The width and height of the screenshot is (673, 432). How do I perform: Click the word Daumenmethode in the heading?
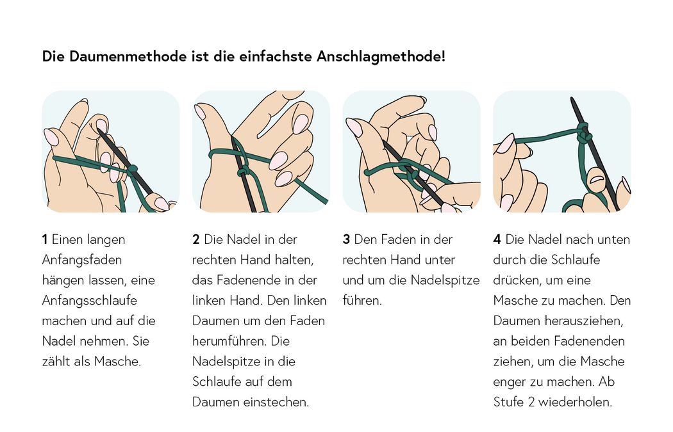click(x=120, y=56)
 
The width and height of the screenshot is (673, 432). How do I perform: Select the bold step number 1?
click(x=45, y=239)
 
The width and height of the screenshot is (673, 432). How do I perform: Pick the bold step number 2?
click(x=196, y=239)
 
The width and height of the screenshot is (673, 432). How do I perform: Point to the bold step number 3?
click(x=346, y=239)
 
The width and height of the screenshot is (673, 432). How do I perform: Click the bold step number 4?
click(x=497, y=239)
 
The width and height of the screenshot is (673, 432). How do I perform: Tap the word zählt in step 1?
click(x=58, y=361)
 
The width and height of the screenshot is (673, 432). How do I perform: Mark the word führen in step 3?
click(x=362, y=300)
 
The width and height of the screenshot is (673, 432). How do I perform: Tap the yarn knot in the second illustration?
click(x=244, y=172)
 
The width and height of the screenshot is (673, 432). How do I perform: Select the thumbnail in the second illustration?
click(x=200, y=113)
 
